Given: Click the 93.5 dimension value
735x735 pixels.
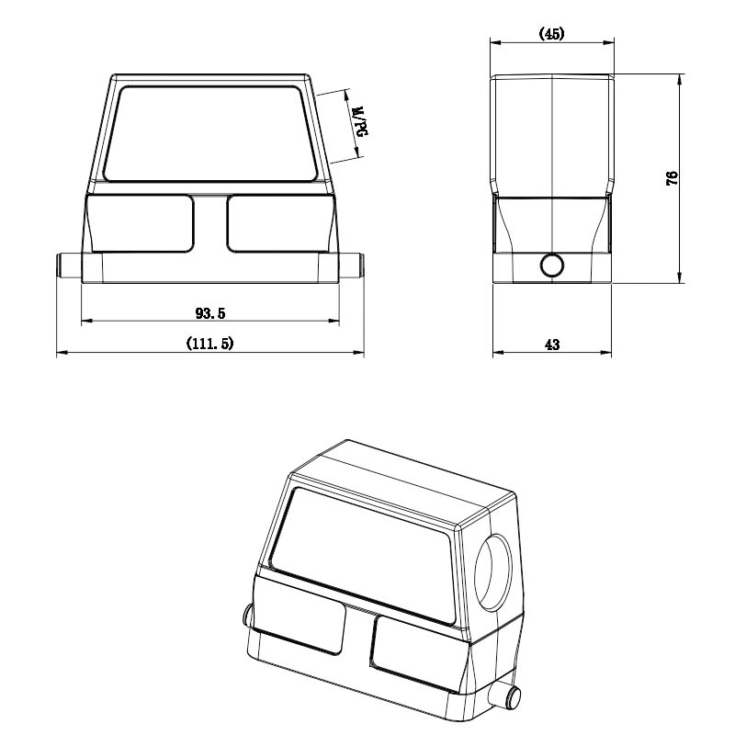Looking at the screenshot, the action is coord(210,313).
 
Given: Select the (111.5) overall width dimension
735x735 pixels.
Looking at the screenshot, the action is coord(209,344).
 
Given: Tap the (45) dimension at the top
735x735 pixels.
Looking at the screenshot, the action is coord(552,33).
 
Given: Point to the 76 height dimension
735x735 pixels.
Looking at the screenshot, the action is coord(672,178).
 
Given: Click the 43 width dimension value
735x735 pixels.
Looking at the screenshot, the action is coord(552,345).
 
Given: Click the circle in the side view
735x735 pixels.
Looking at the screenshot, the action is coord(552,266).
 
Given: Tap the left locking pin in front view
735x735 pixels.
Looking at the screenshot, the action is coord(69,266).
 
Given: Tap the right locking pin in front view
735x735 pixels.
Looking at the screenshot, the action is coord(351,266).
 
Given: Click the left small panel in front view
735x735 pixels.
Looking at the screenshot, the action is coord(140,224).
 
